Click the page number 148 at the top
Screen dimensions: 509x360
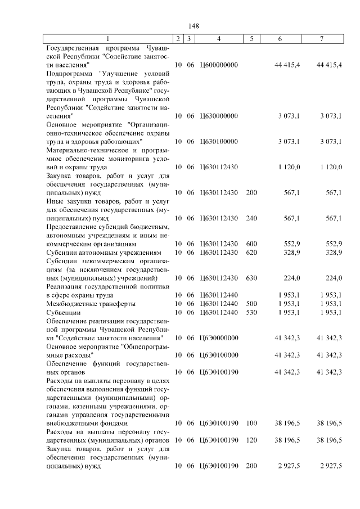point(195,26)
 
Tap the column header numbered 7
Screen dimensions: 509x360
point(321,39)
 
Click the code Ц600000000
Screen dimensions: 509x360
point(219,65)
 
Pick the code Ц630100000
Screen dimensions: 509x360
point(219,141)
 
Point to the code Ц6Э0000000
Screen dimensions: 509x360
point(219,337)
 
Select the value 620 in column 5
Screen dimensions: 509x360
point(251,253)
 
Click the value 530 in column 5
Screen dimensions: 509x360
point(251,312)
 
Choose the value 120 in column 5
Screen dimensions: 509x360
point(251,440)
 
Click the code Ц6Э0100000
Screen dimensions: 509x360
point(219,354)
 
